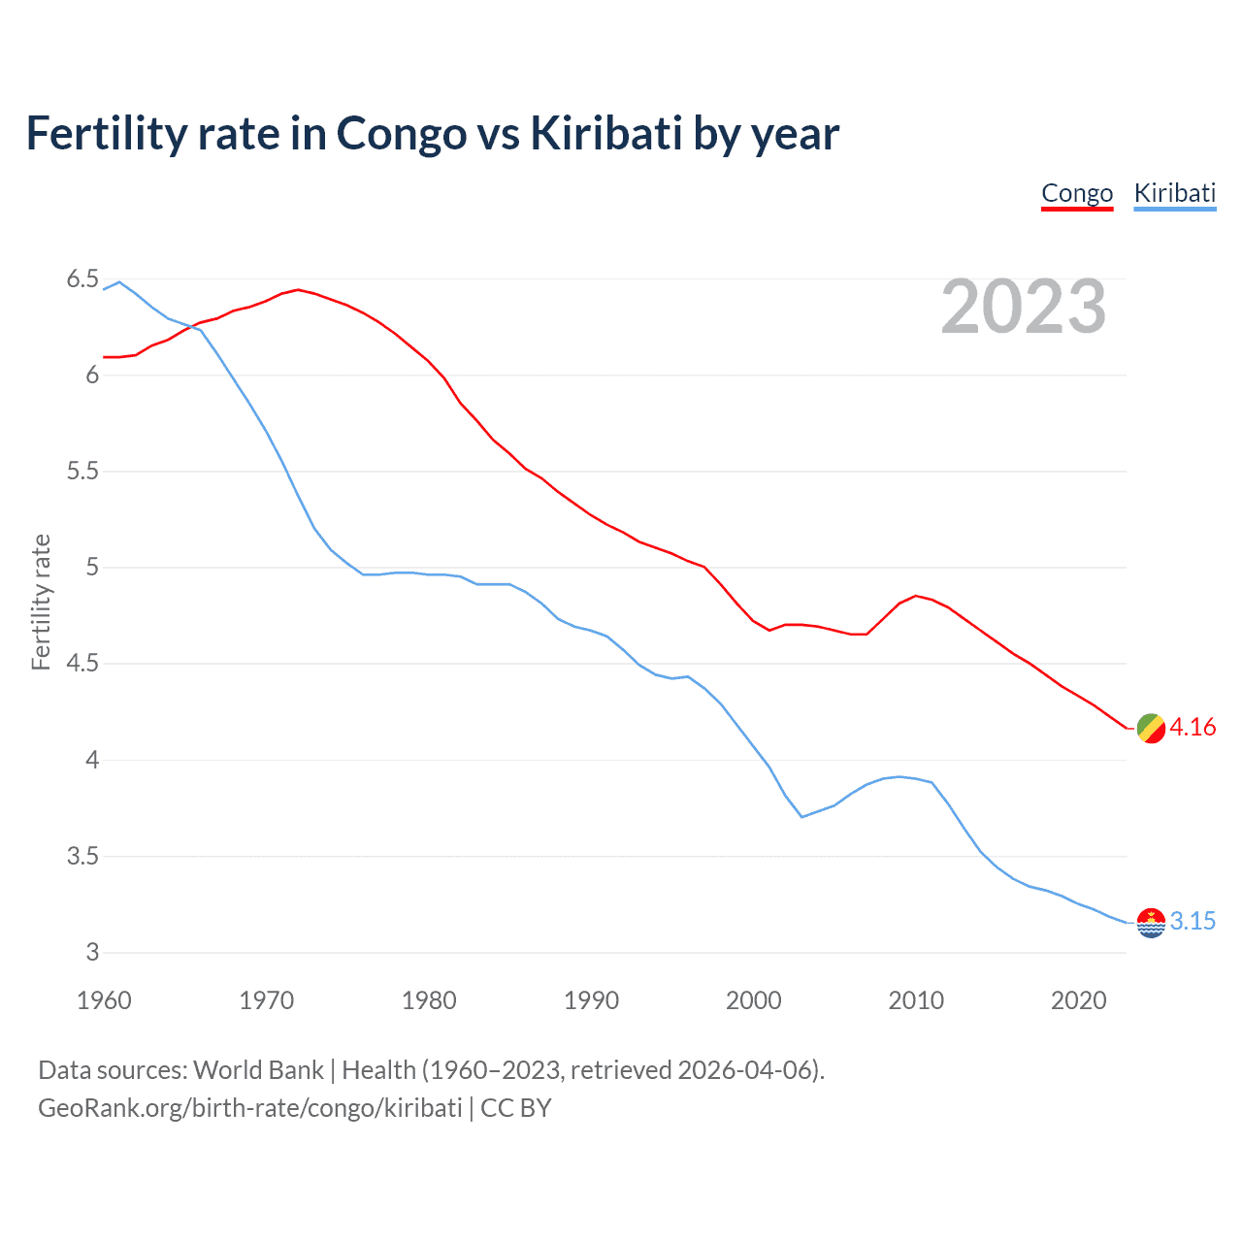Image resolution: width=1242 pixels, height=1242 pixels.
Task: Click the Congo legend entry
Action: tap(1077, 193)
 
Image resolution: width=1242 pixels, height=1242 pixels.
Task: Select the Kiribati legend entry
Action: tap(1174, 193)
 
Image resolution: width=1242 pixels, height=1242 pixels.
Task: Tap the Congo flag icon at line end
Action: tap(1151, 728)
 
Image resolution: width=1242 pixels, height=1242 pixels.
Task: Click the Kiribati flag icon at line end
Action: tap(1151, 922)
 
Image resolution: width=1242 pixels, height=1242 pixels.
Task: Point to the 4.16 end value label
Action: tap(1193, 728)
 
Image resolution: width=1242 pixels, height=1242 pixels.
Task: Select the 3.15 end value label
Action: tap(1193, 922)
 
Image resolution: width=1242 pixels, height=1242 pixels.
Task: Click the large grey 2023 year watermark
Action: tap(1023, 307)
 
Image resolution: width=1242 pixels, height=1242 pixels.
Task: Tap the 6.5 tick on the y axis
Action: tap(82, 279)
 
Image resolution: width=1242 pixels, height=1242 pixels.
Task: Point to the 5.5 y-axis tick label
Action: tap(82, 472)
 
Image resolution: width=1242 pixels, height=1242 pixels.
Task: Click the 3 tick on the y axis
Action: tap(92, 953)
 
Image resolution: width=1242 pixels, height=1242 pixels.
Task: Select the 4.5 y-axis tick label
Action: tap(82, 664)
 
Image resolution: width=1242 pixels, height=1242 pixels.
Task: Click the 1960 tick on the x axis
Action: tap(104, 1000)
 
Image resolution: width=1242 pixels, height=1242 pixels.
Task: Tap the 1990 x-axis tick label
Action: tap(591, 1000)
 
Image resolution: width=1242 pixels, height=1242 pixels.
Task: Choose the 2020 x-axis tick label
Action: tap(1078, 1000)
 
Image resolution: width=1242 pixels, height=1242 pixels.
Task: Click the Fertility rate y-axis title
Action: tap(41, 602)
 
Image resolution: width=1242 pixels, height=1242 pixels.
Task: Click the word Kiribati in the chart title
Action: tap(606, 134)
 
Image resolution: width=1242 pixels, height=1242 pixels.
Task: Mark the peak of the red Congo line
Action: tap(298, 289)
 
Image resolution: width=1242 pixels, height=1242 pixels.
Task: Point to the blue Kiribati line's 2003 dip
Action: tap(802, 817)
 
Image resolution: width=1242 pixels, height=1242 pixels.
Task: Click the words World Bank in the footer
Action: tap(258, 1070)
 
